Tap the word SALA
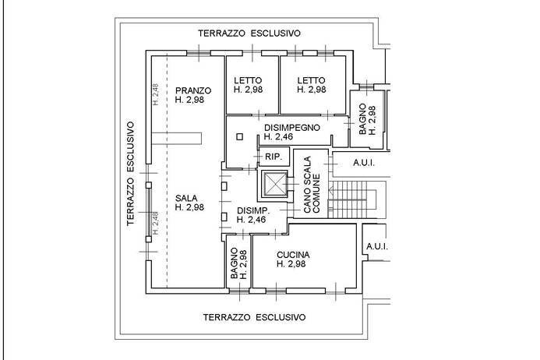(185, 197)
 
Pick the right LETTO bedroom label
(311, 79)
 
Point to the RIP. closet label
(273, 157)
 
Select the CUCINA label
(293, 255)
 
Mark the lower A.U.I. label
(376, 248)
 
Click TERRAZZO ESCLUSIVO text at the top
(249, 34)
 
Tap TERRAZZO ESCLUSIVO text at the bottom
(254, 318)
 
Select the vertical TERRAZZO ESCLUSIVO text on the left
(132, 173)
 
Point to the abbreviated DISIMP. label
(253, 211)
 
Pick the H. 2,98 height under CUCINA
(293, 265)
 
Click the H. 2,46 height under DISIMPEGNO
(279, 136)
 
